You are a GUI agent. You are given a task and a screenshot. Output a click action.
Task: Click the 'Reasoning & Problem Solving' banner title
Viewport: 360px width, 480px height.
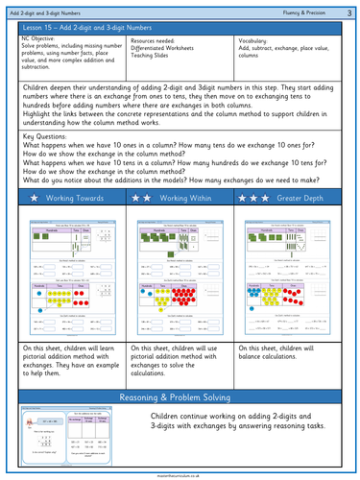pyautogui.click(x=180, y=397)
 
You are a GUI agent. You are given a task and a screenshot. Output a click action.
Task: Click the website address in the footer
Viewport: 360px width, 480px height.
pyautogui.click(x=180, y=473)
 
